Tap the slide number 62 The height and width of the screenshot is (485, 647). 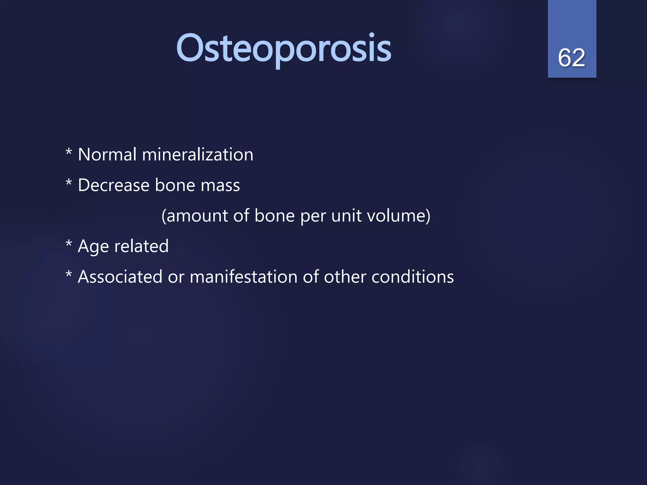(x=571, y=58)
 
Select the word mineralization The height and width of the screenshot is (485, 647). (x=197, y=155)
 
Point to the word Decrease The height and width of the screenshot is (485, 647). (x=113, y=185)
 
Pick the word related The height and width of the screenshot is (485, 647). (x=141, y=246)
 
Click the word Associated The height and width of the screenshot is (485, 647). (x=120, y=277)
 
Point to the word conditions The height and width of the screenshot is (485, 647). (x=412, y=277)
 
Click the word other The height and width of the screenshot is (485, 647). (x=345, y=277)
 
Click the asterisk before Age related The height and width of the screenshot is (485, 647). (x=69, y=244)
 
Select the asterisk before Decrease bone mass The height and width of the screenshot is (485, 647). (x=69, y=183)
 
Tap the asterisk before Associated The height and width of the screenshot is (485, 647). (x=69, y=274)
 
